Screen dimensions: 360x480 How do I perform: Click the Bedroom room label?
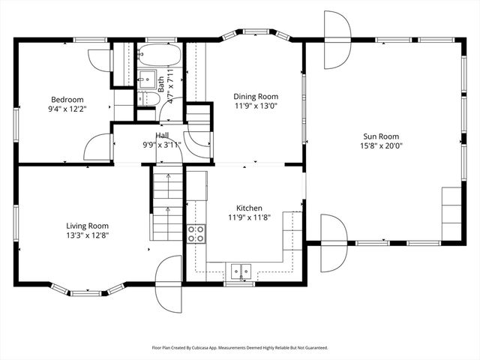pos(67,100)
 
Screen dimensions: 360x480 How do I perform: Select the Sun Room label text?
pos(381,136)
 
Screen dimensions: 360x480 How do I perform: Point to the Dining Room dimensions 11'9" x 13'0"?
pos(256,106)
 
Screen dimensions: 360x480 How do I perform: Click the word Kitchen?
pos(249,208)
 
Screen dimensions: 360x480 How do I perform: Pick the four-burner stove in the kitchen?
pos(196,233)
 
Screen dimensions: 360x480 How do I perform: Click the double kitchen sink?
pos(241,269)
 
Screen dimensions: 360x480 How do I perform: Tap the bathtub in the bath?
pos(158,56)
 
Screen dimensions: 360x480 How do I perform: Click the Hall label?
pos(161,135)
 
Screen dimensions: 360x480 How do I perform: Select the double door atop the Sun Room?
pos(337,28)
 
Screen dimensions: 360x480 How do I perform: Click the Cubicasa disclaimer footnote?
pos(240,348)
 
